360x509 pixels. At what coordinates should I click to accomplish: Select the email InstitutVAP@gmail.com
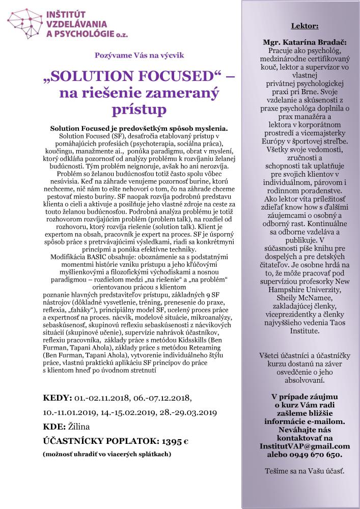point(304,446)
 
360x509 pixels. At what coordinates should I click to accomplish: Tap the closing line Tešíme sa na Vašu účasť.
point(304,472)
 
